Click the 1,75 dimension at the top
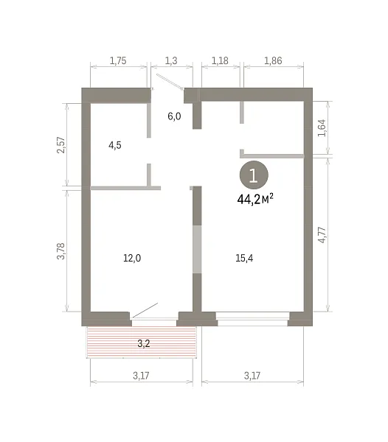pos(118,61)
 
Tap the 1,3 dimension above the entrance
pos(171,61)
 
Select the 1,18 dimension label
pos(220,61)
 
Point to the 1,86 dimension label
pos(273,61)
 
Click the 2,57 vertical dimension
pos(61,145)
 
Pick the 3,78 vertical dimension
pos(61,251)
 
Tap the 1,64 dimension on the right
pos(322,128)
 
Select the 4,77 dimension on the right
pos(322,235)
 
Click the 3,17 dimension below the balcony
pos(141,376)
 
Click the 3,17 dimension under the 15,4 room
pos(252,376)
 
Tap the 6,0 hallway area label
pos(174,116)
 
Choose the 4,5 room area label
pos(115,145)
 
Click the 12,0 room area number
pos(132,258)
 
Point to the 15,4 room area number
pos(244,258)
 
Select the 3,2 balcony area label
pos(144,343)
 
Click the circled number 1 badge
pos(254,175)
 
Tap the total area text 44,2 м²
pos(255,200)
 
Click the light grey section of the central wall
pos(197,249)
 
